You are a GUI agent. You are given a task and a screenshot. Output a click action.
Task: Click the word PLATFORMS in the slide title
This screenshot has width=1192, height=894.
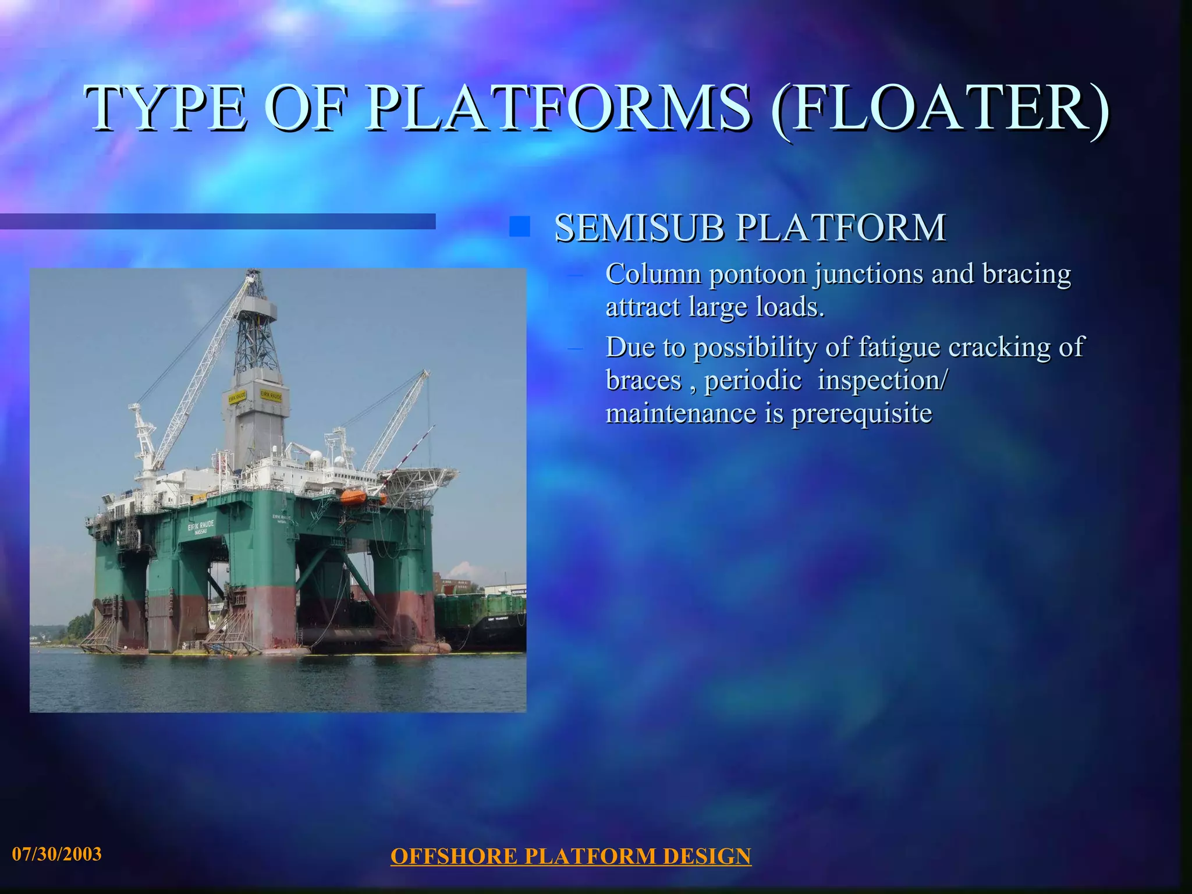[x=559, y=108]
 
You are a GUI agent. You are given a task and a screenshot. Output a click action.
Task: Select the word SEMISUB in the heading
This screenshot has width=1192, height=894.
[x=638, y=228]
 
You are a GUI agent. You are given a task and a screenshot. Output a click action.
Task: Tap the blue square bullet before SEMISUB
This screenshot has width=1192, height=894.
[x=519, y=227]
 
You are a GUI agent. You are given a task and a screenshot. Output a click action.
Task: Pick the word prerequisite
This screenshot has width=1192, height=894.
[x=861, y=414]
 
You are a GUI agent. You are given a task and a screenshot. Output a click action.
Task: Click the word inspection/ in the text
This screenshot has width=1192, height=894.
[x=882, y=381]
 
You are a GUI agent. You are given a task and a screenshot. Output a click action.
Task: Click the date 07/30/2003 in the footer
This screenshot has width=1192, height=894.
[x=57, y=854]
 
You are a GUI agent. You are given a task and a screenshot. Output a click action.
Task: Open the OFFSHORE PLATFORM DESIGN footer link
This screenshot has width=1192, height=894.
[x=570, y=856]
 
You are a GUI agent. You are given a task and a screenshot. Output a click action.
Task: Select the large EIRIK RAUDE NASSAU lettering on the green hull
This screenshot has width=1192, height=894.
[x=200, y=527]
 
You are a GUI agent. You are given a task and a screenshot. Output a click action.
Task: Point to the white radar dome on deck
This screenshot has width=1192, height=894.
[x=315, y=456]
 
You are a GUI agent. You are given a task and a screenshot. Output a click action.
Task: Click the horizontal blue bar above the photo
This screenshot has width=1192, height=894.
[x=218, y=221]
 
